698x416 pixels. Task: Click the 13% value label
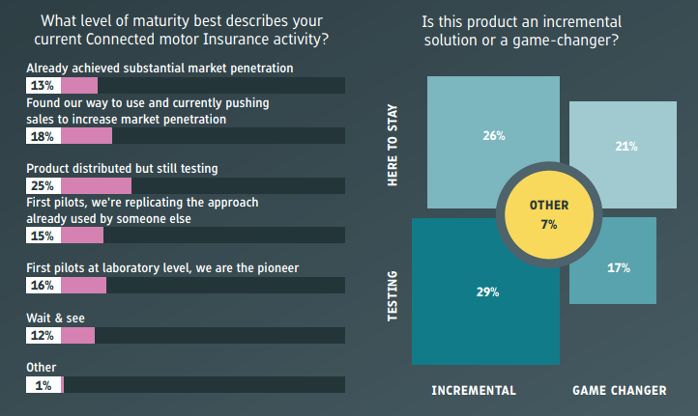[x=43, y=85]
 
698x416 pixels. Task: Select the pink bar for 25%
[x=96, y=185]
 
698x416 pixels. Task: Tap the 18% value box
[x=44, y=136]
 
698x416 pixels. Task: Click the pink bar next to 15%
[x=82, y=236]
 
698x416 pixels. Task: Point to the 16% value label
[x=43, y=286]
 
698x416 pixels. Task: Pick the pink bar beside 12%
[x=78, y=336]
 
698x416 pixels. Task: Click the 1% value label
[x=44, y=385]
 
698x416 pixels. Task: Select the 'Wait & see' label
[x=56, y=319]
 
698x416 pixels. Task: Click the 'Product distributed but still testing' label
[x=122, y=169]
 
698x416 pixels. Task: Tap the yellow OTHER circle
[x=549, y=214]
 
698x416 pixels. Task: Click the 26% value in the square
[x=494, y=136]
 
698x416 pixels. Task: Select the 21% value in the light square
[x=626, y=146]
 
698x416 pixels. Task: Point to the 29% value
[x=488, y=292]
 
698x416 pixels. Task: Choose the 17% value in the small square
[x=619, y=268]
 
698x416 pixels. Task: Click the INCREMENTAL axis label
[x=474, y=391]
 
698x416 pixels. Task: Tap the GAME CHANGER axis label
[x=620, y=391]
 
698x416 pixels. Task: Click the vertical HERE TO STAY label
[x=393, y=146]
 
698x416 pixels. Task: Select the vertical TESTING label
[x=393, y=296]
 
